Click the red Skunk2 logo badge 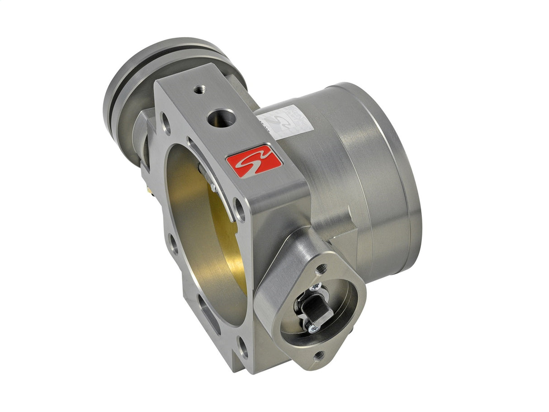tap(254, 161)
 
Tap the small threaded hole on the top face tap(198, 90)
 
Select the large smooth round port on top tap(222, 118)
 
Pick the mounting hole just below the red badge tap(240, 209)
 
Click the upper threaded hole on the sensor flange tap(321, 269)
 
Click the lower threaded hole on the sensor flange tap(319, 356)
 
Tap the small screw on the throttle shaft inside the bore tap(213, 186)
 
